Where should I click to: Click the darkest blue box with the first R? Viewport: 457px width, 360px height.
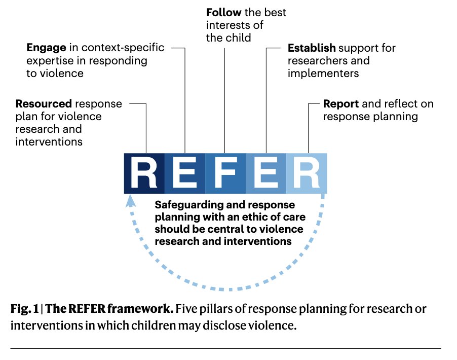[x=144, y=173]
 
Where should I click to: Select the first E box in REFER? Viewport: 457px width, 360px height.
[x=185, y=173]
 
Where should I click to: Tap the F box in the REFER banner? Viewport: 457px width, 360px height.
[x=225, y=173]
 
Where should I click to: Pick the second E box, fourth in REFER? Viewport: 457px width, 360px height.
[x=266, y=173]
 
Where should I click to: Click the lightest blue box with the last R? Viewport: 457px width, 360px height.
[x=307, y=173]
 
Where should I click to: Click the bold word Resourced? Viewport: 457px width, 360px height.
[x=44, y=104]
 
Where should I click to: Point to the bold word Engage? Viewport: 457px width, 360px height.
[x=46, y=48]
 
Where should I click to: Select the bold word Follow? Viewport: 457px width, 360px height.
[x=223, y=12]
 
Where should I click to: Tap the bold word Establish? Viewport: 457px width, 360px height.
[x=312, y=48]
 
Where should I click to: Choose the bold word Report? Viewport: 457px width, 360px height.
[x=341, y=104]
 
